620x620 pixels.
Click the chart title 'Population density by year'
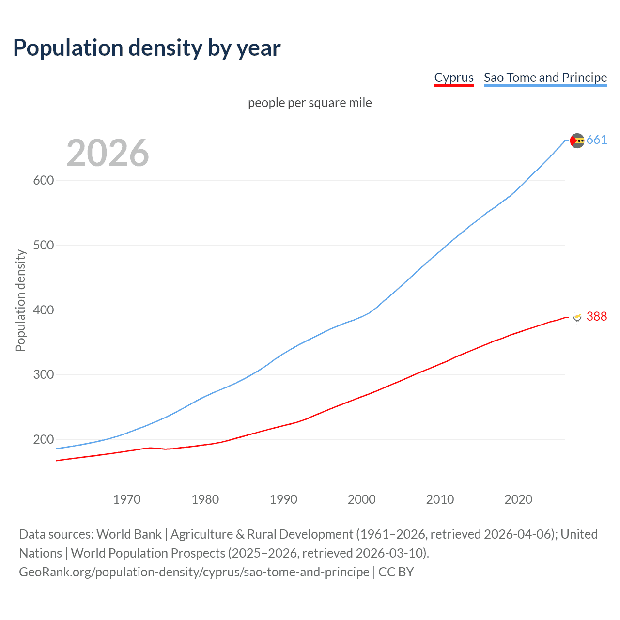(x=147, y=48)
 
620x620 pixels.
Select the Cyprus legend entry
(x=454, y=77)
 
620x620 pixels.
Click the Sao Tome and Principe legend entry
(x=545, y=77)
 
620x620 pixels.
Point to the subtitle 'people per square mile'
(x=310, y=103)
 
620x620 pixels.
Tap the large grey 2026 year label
(x=108, y=153)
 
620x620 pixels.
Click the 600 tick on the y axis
(x=44, y=180)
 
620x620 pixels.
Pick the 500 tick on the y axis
(x=44, y=245)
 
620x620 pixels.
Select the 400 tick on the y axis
(x=44, y=310)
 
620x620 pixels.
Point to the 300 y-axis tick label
(x=44, y=375)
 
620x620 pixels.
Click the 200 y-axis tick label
(x=44, y=440)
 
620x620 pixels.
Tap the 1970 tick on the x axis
(x=127, y=499)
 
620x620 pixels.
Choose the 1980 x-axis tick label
(x=205, y=499)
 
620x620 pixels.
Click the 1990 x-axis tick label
(x=283, y=499)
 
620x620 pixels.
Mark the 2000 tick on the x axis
(x=362, y=499)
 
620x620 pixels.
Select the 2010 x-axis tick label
(x=440, y=499)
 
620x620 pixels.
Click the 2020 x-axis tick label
(x=518, y=499)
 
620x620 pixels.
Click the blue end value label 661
(x=597, y=140)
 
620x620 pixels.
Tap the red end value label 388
(x=597, y=317)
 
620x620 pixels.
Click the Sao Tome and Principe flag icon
(x=577, y=140)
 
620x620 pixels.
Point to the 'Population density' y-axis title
(x=20, y=300)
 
